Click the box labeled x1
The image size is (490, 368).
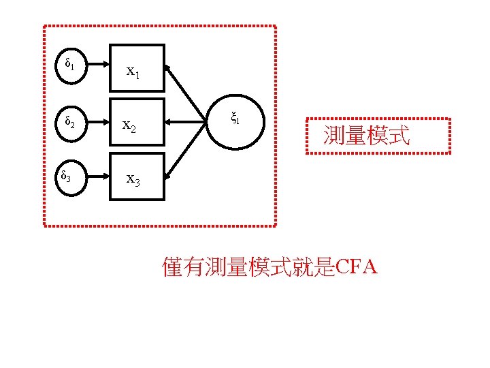pos(137,68)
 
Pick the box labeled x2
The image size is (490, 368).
pos(137,123)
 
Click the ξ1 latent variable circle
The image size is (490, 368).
pos(234,121)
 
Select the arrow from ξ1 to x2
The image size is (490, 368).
pos(186,123)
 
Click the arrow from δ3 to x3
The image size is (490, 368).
pos(96,178)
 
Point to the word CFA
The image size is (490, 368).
pos(356,267)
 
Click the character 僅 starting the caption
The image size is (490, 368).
pos(173,268)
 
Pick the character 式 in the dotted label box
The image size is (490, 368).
pos(400,136)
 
